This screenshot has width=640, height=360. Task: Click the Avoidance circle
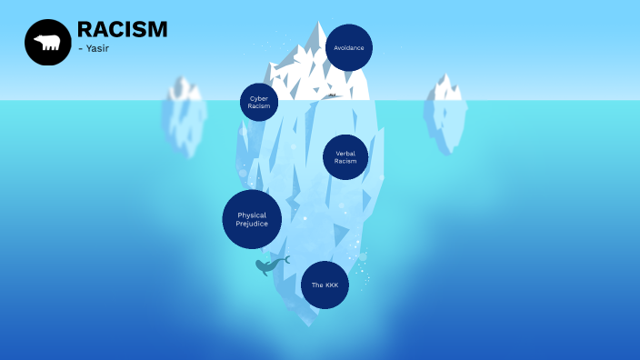point(349,47)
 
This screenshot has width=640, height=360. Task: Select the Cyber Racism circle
point(259,102)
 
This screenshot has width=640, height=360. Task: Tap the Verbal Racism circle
point(345,157)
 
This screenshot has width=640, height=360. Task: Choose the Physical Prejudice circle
point(252,219)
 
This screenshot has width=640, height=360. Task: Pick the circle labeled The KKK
point(325,285)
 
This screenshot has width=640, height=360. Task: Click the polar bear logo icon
point(47,42)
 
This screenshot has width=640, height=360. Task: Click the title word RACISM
point(122,29)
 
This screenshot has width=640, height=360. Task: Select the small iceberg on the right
point(445,114)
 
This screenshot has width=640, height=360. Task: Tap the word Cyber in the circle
point(259,98)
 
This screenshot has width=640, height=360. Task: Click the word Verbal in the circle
point(345,154)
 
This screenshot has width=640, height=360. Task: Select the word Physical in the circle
point(252,215)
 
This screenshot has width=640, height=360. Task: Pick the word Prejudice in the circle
point(252,224)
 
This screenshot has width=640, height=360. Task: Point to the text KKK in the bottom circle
point(330,285)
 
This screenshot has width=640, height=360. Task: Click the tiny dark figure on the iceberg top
point(333,95)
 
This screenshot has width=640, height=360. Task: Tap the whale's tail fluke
point(285,259)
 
